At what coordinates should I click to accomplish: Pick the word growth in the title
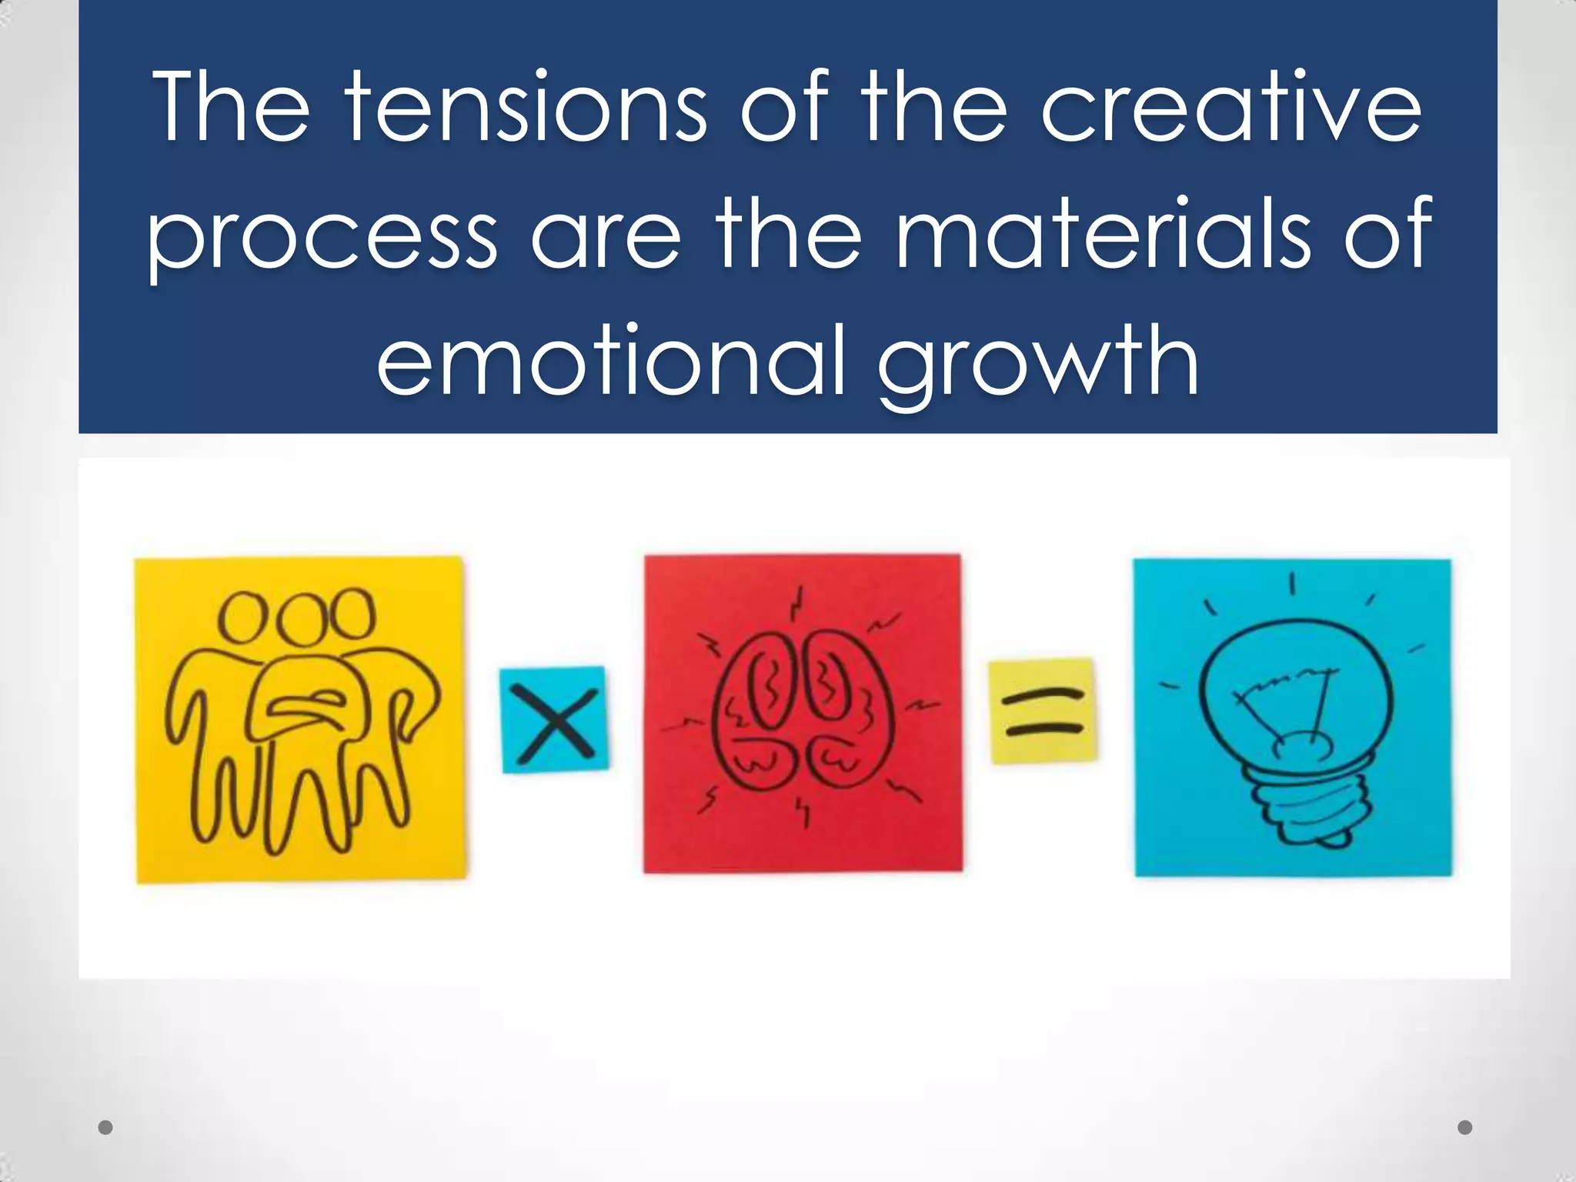[x=1039, y=362]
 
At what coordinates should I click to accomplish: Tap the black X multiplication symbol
[x=554, y=720]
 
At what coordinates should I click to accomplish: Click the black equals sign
[x=1043, y=711]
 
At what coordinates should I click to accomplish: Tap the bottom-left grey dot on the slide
[x=106, y=1127]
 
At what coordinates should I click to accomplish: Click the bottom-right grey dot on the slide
[x=1465, y=1127]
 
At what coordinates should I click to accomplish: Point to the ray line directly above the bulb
[x=1293, y=583]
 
